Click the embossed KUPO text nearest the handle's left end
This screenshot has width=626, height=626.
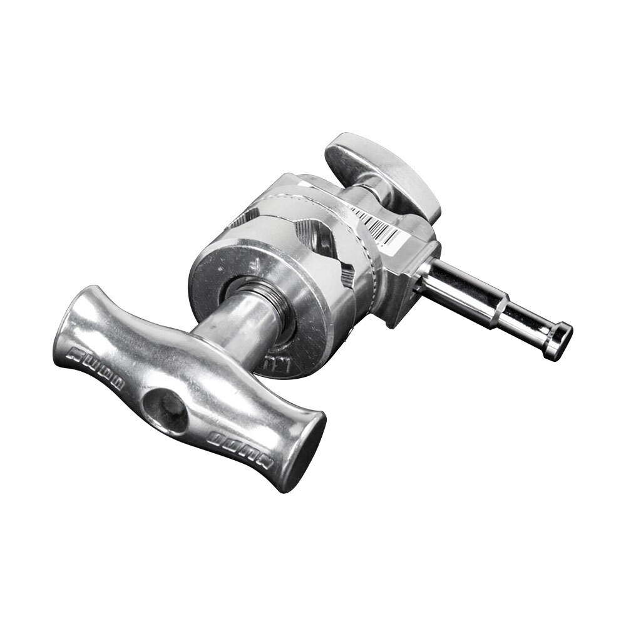point(94,362)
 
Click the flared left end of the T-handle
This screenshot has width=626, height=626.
point(72,326)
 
